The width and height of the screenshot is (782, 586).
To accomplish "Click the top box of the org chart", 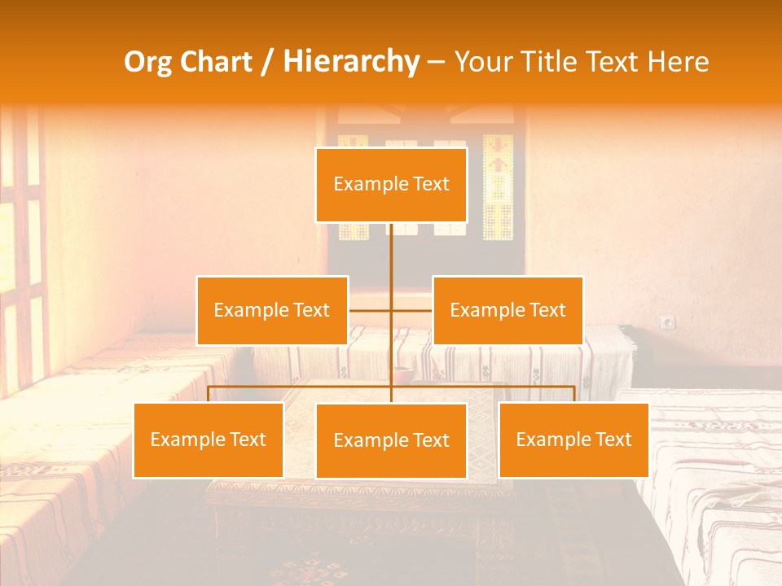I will click(391, 185).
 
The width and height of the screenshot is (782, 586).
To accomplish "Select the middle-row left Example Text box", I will click(272, 310).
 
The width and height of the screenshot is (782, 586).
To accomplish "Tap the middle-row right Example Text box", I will click(507, 310).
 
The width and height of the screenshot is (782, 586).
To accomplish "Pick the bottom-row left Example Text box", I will click(209, 439).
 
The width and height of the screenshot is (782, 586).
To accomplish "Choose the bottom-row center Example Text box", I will click(391, 440).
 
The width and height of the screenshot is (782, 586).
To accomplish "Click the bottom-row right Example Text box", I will click(573, 439).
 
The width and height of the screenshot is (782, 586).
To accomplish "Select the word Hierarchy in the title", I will click(351, 62).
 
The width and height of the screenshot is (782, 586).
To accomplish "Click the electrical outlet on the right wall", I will click(668, 323).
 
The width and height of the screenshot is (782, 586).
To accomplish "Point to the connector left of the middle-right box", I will click(412, 310).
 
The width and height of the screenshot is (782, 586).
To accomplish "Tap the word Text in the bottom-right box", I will click(613, 439).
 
